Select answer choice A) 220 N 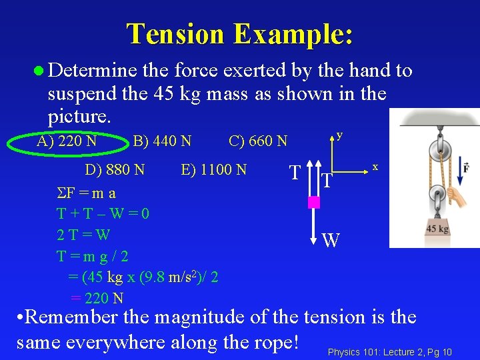click(67, 141)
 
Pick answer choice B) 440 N click(162, 141)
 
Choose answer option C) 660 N click(258, 141)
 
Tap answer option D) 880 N click(115, 169)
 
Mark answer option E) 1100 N click(213, 169)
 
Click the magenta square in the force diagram click(314, 202)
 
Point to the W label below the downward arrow click(331, 240)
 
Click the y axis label click(340, 135)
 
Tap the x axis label click(375, 167)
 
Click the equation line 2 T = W click(83, 235)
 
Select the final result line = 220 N click(97, 298)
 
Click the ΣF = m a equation click(87, 193)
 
